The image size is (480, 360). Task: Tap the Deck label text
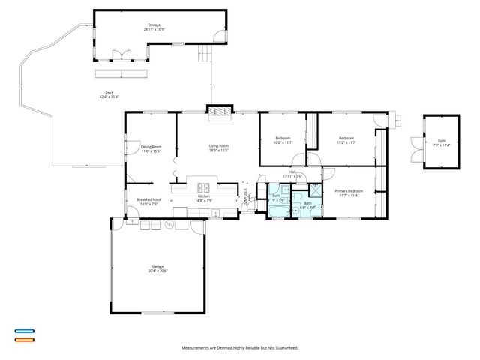109,94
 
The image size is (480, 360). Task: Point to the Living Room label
218,148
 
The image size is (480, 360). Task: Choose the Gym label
441,142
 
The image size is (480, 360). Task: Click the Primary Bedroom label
347,193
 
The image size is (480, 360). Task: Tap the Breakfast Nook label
147,201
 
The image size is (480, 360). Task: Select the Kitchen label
204,199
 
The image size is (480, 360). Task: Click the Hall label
293,174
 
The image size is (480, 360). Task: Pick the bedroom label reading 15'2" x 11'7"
346,140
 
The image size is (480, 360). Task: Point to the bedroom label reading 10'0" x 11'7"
283,140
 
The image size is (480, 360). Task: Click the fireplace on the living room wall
218,112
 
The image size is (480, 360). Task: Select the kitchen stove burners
202,187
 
